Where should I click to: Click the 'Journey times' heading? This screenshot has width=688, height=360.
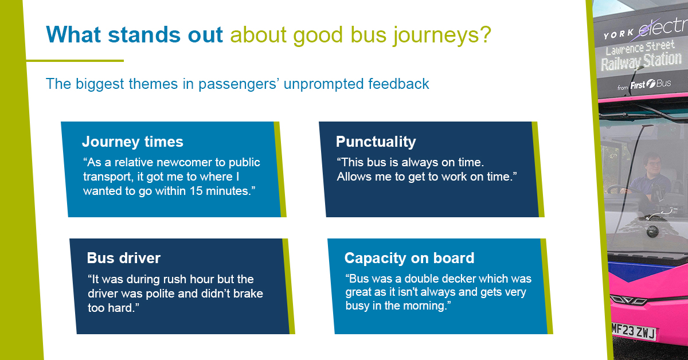(132, 142)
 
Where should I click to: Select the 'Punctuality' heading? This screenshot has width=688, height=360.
(376, 142)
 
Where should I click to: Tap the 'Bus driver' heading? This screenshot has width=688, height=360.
(123, 258)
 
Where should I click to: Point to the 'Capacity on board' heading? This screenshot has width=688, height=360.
(409, 259)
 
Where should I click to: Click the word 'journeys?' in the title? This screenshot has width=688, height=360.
(442, 35)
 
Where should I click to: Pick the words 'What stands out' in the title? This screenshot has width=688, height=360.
(134, 34)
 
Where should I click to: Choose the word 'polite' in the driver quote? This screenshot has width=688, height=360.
(160, 294)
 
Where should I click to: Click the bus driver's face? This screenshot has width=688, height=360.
(654, 165)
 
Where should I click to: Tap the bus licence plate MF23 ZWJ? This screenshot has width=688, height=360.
(634, 331)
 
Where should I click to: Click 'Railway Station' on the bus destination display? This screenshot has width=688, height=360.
(641, 61)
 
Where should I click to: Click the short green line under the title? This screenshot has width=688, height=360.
(75, 61)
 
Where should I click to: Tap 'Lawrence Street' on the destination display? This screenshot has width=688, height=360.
(640, 47)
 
